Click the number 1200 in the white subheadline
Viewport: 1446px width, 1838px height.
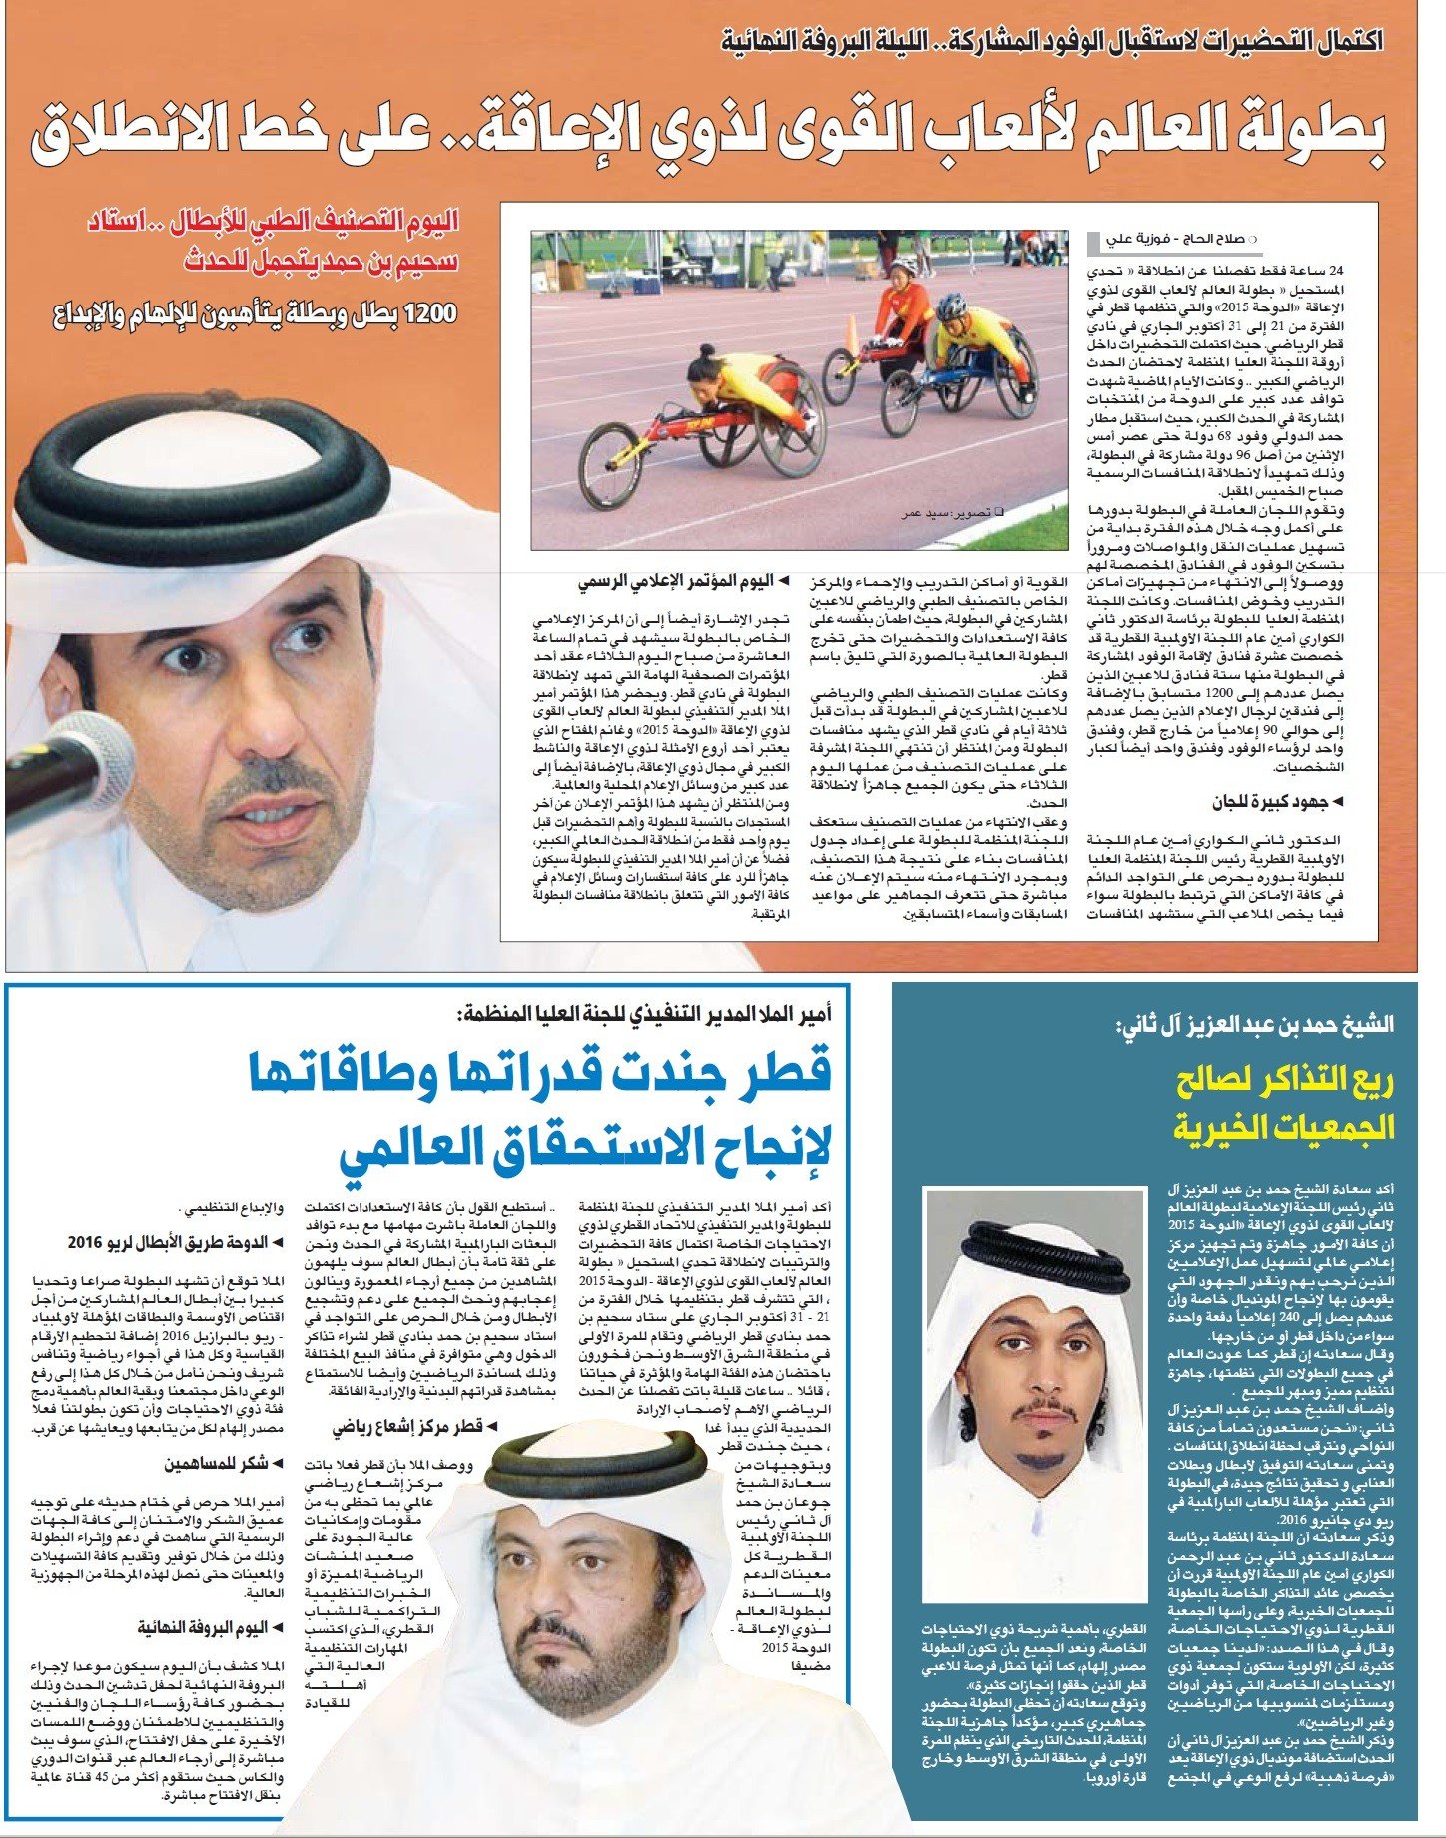click(x=425, y=313)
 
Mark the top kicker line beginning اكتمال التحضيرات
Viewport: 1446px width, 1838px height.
click(x=1053, y=43)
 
